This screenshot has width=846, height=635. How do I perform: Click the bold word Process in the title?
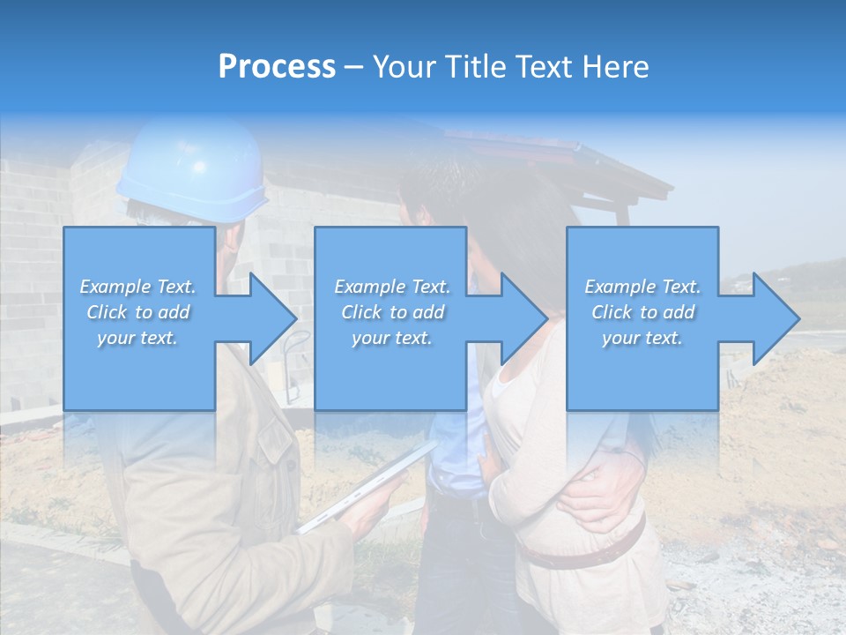click(x=277, y=67)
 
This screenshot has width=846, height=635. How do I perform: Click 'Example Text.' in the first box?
click(x=137, y=287)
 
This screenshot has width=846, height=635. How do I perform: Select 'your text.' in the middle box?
click(x=391, y=338)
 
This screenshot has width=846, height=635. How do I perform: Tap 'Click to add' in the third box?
click(x=642, y=312)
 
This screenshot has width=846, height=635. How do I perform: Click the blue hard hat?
click(x=194, y=172)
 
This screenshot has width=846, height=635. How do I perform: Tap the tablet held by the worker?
click(x=366, y=489)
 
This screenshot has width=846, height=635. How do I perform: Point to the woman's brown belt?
click(x=582, y=551)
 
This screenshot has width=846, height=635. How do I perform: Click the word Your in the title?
click(x=406, y=67)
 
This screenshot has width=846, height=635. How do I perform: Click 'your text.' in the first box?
click(x=137, y=338)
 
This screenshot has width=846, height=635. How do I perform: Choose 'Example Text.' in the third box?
click(x=642, y=287)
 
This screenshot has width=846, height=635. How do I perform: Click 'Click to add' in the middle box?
click(x=391, y=312)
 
